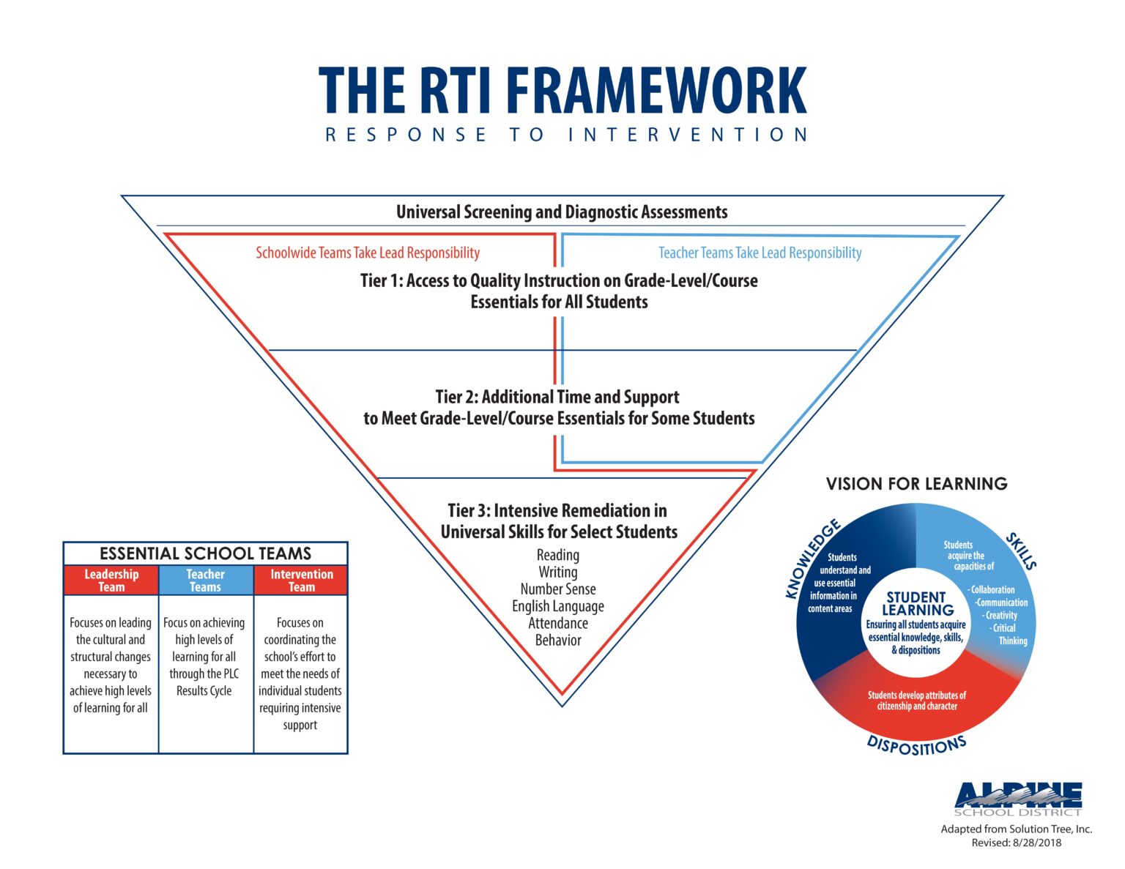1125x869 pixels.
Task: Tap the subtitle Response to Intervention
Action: tap(566, 135)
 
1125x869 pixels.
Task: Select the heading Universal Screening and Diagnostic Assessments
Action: tap(562, 212)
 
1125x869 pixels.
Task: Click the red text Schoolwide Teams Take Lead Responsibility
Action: tap(368, 253)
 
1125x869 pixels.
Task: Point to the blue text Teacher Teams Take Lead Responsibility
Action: tap(760, 253)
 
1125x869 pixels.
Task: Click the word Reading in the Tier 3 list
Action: tap(557, 555)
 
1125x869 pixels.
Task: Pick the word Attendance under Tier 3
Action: tap(557, 623)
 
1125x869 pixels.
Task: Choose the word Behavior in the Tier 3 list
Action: tap(557, 640)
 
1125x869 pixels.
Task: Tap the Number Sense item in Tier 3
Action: tap(557, 589)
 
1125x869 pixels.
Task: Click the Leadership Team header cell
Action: tap(111, 580)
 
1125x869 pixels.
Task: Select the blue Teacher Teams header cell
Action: tap(206, 580)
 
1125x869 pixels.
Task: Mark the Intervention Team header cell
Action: tap(301, 580)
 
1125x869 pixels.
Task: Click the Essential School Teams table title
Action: tap(206, 553)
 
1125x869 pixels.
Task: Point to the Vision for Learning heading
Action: tap(916, 484)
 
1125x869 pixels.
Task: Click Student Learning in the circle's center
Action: tap(918, 604)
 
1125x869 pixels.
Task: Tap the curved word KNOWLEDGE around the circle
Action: tap(810, 558)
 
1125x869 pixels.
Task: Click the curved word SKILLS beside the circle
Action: tap(1021, 551)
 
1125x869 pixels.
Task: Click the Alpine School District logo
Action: tap(1018, 799)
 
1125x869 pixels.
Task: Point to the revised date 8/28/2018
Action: tap(1036, 843)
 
